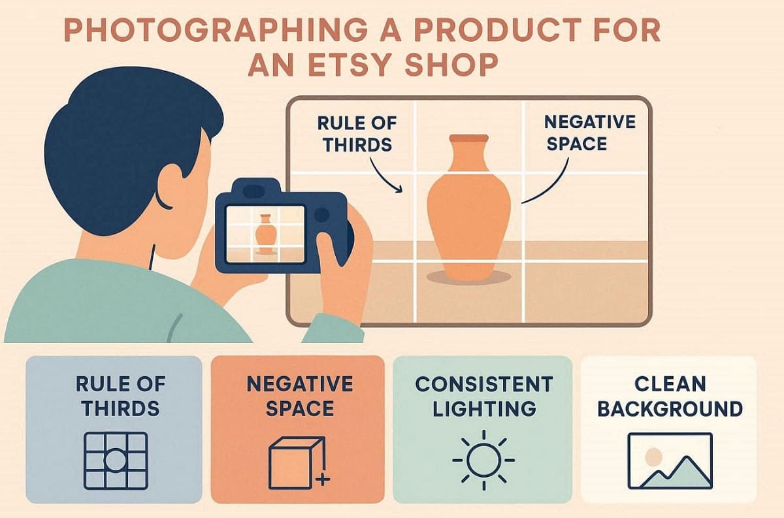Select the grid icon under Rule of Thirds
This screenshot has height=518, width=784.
(x=116, y=461)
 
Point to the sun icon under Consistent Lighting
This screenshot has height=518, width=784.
(x=483, y=461)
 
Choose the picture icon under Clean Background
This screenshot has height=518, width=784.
(x=670, y=461)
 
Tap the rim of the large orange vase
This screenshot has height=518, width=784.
(x=468, y=138)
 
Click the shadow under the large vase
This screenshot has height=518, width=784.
(x=468, y=278)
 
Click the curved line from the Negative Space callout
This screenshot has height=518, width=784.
(x=552, y=186)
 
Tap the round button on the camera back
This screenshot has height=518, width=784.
(x=321, y=214)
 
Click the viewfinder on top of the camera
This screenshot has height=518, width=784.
(x=253, y=191)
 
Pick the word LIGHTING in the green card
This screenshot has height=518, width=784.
(x=484, y=408)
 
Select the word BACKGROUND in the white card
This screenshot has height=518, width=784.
(x=670, y=408)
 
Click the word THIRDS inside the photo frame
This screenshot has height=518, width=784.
(x=357, y=144)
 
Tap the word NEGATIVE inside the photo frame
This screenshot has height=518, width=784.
(x=590, y=121)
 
